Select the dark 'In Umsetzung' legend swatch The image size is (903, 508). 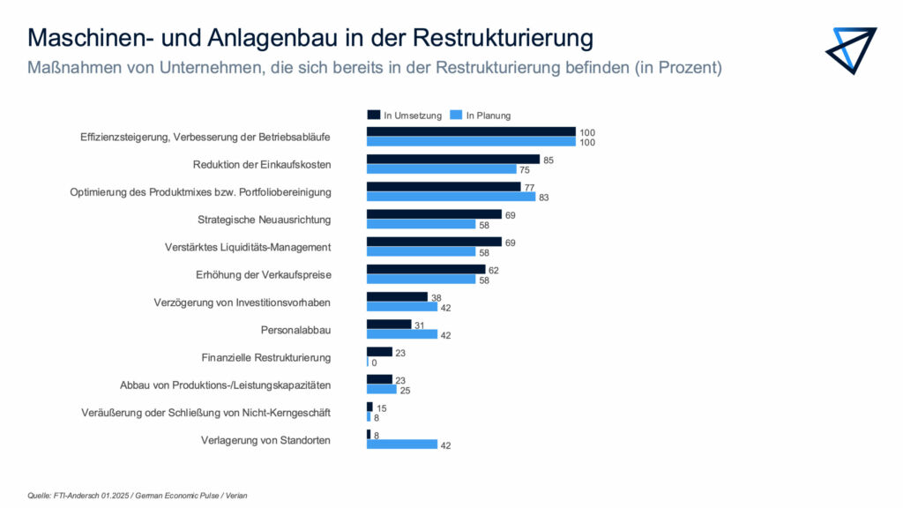coord(374,115)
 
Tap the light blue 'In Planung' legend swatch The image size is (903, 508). coord(456,115)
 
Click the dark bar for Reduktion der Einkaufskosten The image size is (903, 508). coord(452,160)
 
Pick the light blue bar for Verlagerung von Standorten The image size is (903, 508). coord(402,444)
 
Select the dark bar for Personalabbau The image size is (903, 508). coord(389,325)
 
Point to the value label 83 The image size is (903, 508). coord(544,198)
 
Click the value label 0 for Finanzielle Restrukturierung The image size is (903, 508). coord(375,362)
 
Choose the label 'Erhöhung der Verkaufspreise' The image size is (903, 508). coord(263,274)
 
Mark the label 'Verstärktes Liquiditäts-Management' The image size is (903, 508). coord(248,247)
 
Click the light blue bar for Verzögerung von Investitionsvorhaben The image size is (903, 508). coord(402,307)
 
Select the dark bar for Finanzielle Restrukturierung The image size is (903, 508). coord(379,352)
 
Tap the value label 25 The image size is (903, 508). coord(406,390)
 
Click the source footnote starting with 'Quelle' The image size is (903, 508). coord(137,496)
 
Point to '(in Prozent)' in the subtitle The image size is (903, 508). coord(678,68)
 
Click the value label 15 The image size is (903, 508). coord(382,407)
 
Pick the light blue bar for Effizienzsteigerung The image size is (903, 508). coord(471,142)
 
